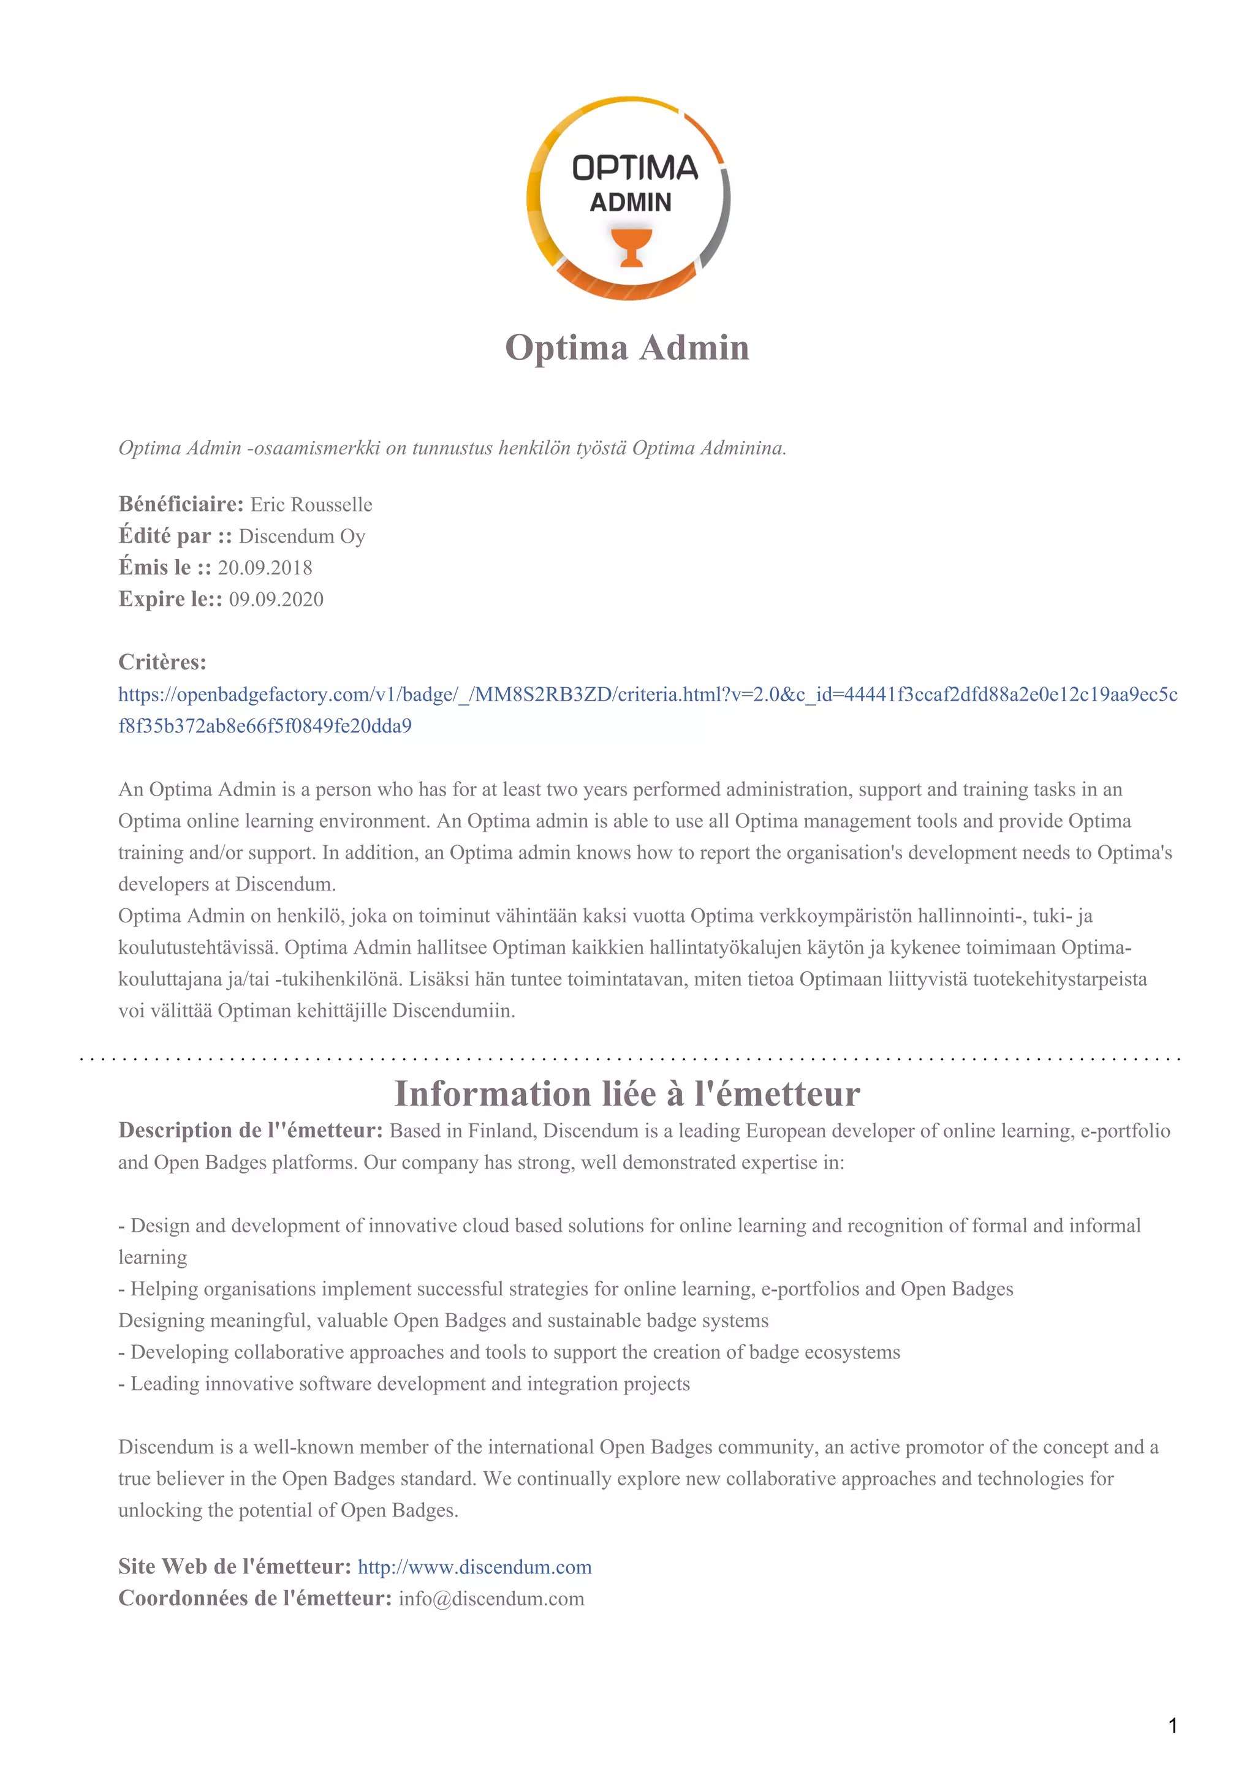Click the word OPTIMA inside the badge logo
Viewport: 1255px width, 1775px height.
click(634, 168)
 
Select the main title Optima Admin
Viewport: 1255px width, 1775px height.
click(627, 347)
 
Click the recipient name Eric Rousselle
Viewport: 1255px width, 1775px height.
click(311, 505)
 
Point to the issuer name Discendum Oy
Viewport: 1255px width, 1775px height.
click(301, 537)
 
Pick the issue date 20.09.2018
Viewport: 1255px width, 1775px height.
click(265, 568)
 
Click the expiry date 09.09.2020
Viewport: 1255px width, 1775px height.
click(276, 600)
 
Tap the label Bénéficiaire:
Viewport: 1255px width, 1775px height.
click(181, 505)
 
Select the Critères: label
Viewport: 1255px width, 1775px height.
click(162, 663)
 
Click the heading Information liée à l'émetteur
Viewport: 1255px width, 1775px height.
click(627, 1094)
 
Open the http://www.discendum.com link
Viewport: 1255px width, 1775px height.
click(474, 1567)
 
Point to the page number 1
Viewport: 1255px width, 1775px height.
click(1172, 1725)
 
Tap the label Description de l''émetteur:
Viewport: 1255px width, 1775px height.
click(251, 1131)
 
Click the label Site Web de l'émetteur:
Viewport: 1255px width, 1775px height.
click(234, 1567)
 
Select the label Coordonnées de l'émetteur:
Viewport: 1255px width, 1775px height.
click(255, 1599)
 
